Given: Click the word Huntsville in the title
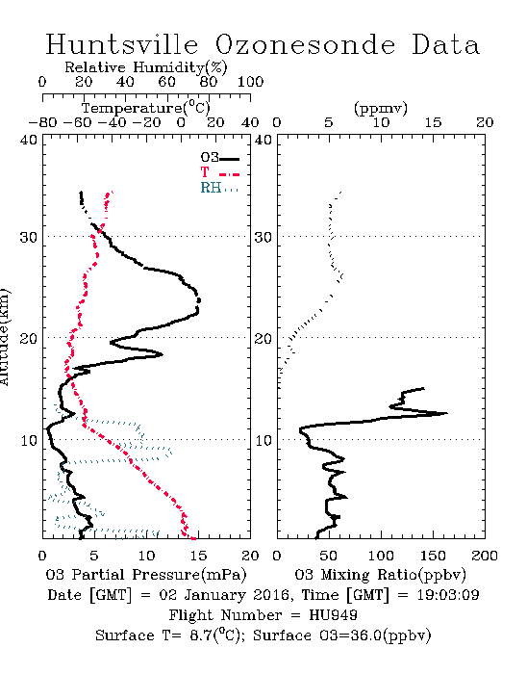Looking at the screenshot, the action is point(122,44).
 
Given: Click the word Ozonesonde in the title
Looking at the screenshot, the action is point(305,44).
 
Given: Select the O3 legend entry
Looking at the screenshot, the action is point(219,158).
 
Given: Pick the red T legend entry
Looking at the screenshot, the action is point(219,172).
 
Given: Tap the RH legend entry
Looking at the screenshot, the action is point(219,188).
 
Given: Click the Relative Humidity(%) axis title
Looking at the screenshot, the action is point(146,67).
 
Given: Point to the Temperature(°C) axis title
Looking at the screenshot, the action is point(146,108).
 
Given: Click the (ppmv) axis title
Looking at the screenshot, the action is point(381,108).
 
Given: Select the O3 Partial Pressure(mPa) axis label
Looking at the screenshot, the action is point(146,575).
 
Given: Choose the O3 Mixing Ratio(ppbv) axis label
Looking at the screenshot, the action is point(380,575).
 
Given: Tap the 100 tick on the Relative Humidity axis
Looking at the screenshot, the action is point(250,82).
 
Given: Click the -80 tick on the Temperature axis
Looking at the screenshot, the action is point(42,123).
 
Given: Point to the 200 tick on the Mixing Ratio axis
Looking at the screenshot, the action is point(485,556).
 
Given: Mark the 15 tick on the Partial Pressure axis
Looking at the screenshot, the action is point(198,556).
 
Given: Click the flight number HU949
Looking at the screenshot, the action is point(333,615).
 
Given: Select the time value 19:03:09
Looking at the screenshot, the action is point(448,595).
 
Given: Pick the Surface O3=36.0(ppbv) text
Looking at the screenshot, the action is point(341,635).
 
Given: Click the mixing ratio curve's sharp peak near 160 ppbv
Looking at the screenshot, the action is point(447,413).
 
